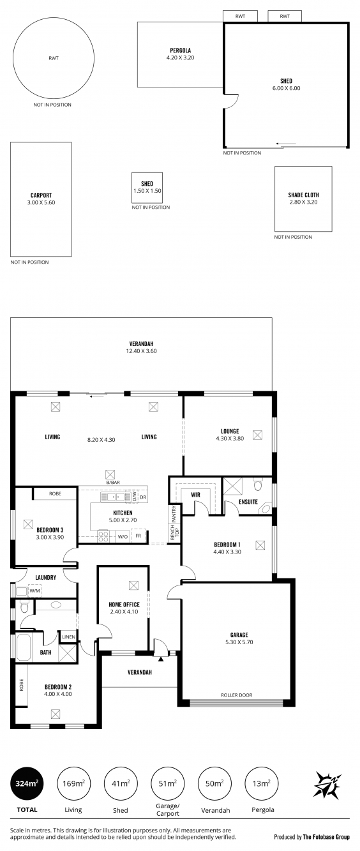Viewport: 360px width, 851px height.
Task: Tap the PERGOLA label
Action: tap(181, 50)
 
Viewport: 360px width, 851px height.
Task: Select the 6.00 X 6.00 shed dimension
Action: tap(287, 88)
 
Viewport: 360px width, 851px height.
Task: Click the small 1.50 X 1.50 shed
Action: tap(147, 187)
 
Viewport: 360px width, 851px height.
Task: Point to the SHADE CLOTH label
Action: tap(303, 195)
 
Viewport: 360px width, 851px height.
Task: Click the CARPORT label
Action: tap(41, 195)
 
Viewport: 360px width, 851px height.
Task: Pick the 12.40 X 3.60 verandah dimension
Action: tap(141, 351)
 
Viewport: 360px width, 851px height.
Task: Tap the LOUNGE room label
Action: tap(230, 431)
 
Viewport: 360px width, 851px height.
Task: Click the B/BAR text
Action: tap(113, 483)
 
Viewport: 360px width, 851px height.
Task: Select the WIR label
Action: tap(195, 495)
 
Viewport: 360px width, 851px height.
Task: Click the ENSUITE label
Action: tap(248, 502)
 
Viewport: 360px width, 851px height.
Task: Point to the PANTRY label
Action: tap(174, 513)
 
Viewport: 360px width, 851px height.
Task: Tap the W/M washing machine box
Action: tap(34, 591)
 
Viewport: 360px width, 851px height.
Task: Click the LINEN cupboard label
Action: tap(69, 637)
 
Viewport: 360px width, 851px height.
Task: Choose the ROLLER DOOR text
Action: tap(237, 695)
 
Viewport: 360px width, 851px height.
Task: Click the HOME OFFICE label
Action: tap(124, 605)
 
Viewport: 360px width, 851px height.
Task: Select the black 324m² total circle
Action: tap(27, 783)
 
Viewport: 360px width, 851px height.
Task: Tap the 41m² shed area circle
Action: tap(121, 783)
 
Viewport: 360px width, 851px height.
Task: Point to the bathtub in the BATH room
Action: tap(23, 647)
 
